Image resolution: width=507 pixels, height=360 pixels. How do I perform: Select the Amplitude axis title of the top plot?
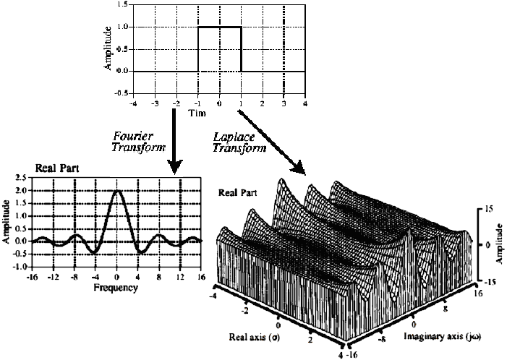pos(108,49)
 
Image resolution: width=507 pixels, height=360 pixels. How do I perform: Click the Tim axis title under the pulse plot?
pos(196,114)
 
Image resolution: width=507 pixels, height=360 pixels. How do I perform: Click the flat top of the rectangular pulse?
pos(218,27)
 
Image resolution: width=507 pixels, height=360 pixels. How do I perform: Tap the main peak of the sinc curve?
pos(116,192)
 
